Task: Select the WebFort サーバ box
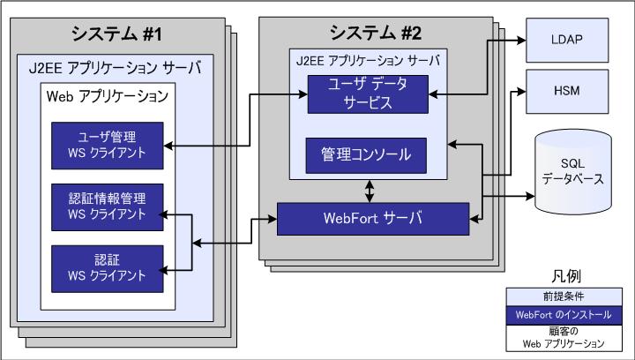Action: (372, 217)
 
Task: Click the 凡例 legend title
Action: (568, 275)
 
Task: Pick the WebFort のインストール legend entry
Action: (568, 314)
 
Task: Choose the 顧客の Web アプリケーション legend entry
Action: (568, 337)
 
